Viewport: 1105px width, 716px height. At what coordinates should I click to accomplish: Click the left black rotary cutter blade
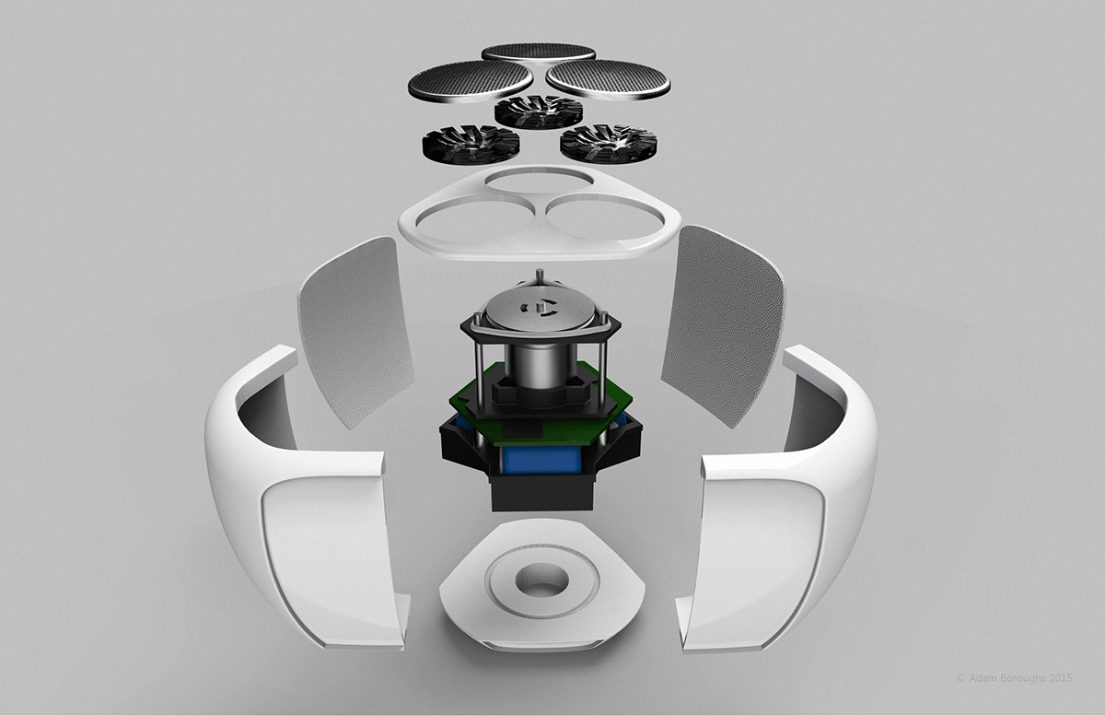(461, 145)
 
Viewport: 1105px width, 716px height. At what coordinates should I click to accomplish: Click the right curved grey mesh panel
(725, 323)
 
